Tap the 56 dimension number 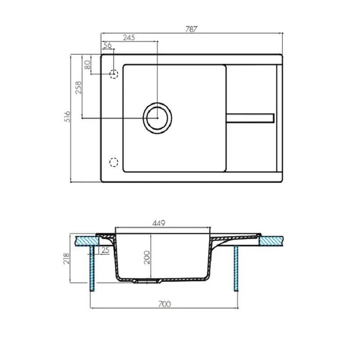pos(108,45)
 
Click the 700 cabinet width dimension pos(165,304)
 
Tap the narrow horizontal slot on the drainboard pos(250,117)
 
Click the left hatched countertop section pos(86,241)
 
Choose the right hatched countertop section pos(273,240)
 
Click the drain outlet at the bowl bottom pos(148,281)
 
